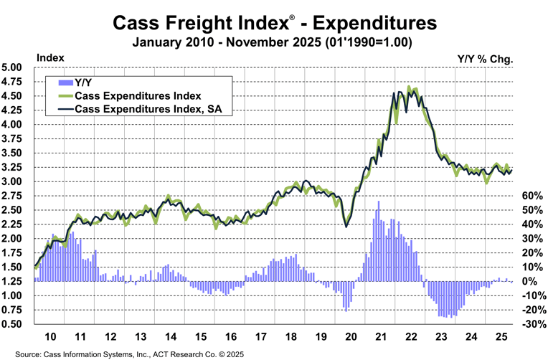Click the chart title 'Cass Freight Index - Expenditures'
274,23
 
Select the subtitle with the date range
273,42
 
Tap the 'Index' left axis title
50,57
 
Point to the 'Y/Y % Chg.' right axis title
485,57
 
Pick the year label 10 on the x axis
50,336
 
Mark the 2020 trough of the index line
347,227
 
